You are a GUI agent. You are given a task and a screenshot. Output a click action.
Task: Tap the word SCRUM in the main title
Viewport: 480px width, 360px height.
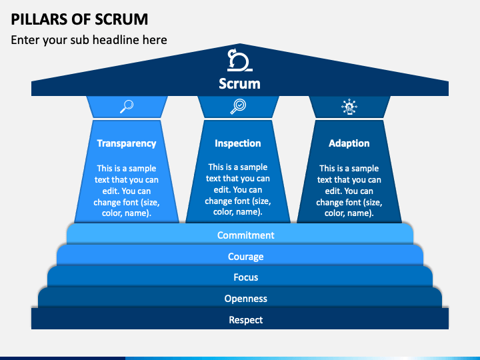(x=121, y=19)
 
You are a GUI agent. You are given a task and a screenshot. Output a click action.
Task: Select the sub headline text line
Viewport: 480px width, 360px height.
(x=89, y=40)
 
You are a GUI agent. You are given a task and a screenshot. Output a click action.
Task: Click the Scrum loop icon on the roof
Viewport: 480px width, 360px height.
(x=240, y=60)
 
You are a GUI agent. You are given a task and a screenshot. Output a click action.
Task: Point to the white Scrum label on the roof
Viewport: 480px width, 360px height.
(x=240, y=83)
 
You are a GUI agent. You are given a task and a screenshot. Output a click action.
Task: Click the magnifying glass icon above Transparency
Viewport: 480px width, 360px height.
(x=127, y=107)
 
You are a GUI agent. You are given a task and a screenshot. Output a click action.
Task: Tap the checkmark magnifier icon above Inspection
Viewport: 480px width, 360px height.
(x=238, y=107)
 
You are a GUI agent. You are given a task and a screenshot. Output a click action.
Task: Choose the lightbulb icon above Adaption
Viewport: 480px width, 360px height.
(x=349, y=107)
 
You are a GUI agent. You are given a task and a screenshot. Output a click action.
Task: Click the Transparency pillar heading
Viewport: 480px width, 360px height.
(x=127, y=143)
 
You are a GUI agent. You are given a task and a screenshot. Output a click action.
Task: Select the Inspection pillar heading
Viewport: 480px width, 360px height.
(x=238, y=143)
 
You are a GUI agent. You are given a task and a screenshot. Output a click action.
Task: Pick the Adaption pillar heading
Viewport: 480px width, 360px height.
(x=349, y=143)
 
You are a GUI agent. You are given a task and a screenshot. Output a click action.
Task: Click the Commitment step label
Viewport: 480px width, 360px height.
(x=246, y=235)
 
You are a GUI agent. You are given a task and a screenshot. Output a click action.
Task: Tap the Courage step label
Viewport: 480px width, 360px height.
(x=246, y=257)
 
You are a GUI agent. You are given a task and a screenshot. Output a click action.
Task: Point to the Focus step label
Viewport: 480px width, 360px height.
(x=246, y=277)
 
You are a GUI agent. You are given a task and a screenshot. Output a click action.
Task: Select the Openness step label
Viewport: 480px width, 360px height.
(x=246, y=299)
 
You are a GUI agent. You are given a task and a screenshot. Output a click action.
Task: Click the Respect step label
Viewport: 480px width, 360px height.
(x=246, y=320)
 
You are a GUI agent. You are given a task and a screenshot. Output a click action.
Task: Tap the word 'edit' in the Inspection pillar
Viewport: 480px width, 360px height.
(x=222, y=190)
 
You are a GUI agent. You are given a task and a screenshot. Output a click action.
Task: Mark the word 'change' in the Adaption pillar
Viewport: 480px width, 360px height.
(x=330, y=203)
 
